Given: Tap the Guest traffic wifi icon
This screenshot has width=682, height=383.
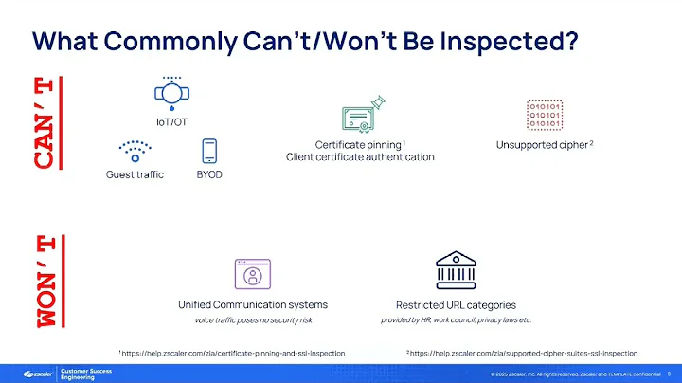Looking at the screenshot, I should [135, 151].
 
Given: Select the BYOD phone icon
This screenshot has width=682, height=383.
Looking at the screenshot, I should [210, 151].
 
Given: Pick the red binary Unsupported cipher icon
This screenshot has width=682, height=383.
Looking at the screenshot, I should [545, 115].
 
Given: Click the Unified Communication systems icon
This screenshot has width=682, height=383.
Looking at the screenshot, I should [252, 275].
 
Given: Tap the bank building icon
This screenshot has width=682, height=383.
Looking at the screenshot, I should [455, 270].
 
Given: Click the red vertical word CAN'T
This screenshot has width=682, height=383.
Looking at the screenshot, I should [44, 122].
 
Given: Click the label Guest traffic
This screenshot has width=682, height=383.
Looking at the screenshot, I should [135, 175].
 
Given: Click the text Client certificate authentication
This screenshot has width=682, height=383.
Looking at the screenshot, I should [360, 157].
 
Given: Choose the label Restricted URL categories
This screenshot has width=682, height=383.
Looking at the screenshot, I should [455, 305].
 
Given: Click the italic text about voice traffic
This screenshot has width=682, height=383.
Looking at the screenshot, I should [253, 320].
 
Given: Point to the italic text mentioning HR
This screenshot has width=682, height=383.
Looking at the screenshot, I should [456, 320].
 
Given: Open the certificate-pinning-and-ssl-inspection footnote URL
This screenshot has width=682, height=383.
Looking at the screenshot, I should [232, 353].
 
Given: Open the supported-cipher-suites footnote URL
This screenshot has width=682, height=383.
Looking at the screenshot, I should [523, 353].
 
